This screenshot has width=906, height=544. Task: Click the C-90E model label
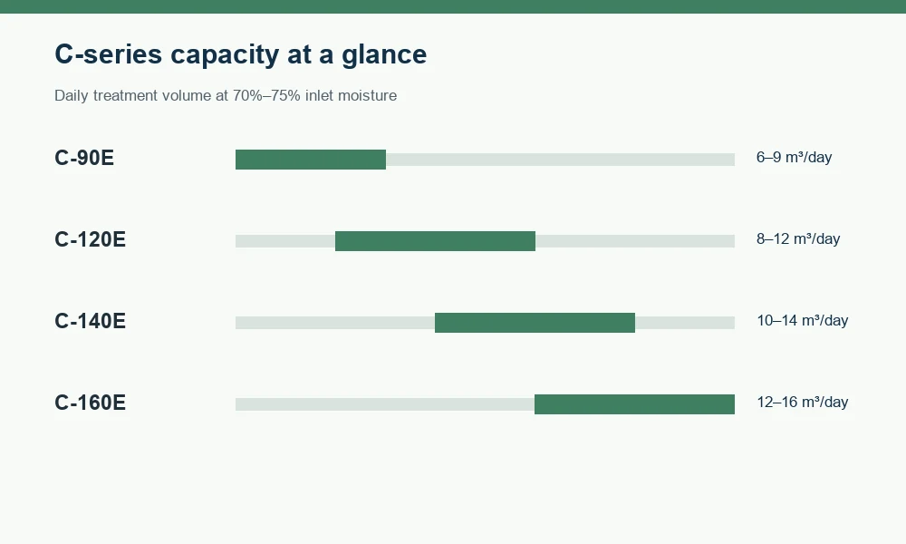pos(84,158)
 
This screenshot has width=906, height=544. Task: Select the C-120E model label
pos(90,239)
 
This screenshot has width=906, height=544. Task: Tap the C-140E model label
pos(90,321)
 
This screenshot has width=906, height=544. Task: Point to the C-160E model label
pos(90,403)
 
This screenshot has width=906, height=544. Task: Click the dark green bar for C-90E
pos(311,160)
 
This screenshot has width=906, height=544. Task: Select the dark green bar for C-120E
pos(435,241)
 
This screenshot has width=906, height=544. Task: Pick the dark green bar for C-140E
pos(535,323)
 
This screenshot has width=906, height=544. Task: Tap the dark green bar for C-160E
pos(634,404)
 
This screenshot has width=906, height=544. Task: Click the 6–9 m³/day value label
pos(794,157)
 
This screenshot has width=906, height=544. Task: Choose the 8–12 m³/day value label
pos(798,238)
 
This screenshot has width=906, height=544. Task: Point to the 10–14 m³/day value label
pos(803,320)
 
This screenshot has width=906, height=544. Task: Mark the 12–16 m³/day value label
pos(803,402)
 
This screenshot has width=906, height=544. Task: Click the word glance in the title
pos(384,55)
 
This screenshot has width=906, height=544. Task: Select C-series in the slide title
pos(109,54)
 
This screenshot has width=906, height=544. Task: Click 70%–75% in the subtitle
pos(266,95)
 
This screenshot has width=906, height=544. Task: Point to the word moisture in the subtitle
pos(368,95)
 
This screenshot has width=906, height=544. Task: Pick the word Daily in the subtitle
pos(72,95)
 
